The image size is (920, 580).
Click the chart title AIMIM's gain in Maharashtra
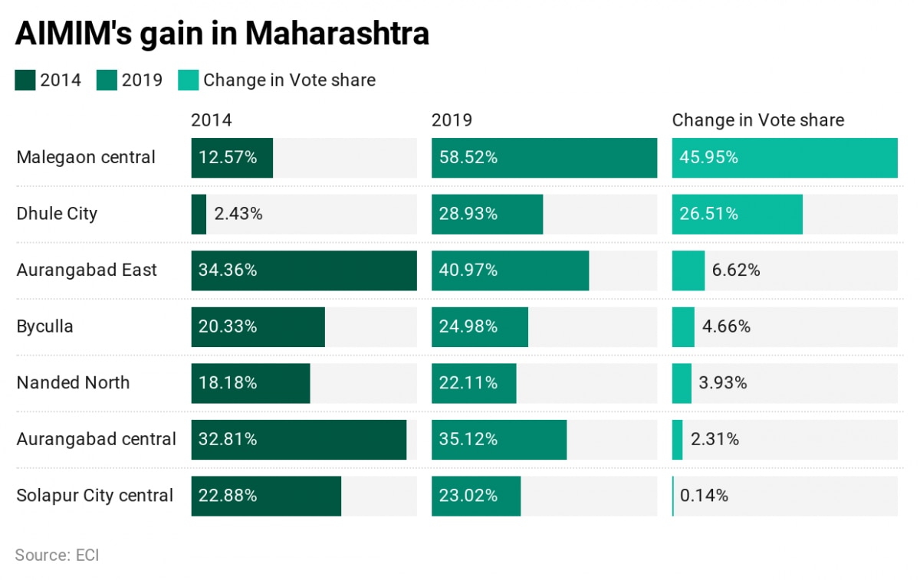tap(222, 34)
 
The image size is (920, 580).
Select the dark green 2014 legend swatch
tap(25, 80)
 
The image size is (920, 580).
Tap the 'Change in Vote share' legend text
tap(289, 80)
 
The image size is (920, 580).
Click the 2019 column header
tap(452, 120)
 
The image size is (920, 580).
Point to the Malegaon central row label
tap(86, 158)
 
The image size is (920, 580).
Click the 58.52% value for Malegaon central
tap(468, 158)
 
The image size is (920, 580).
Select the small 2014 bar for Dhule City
tap(199, 214)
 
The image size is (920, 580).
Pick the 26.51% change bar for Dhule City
tap(737, 214)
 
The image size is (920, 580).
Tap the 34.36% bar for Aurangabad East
tap(304, 270)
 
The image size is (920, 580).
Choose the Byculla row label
tap(45, 326)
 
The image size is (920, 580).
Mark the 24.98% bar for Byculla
tap(479, 326)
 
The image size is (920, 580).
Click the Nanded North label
tap(74, 383)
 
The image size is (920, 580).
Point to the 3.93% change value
tap(723, 383)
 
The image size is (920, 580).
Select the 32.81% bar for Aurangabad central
tap(298, 439)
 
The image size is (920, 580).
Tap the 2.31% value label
tap(715, 439)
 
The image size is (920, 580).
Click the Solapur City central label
tap(95, 496)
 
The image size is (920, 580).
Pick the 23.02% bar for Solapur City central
tap(475, 496)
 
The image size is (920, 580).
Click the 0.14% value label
tap(704, 496)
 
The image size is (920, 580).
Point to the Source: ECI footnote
tap(57, 555)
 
